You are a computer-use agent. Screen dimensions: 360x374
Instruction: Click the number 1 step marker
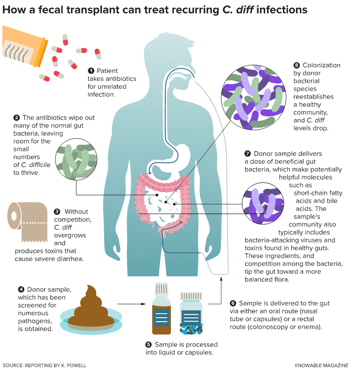click(x=91, y=71)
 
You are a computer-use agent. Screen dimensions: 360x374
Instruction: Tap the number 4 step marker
click(x=21, y=289)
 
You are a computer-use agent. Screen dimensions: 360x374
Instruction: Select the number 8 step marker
click(x=296, y=65)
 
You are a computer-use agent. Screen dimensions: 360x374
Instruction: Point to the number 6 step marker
click(x=233, y=303)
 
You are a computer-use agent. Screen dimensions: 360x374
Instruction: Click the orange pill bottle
click(x=24, y=46)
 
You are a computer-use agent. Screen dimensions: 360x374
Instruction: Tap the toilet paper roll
click(x=28, y=222)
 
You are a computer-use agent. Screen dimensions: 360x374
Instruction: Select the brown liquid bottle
click(x=162, y=309)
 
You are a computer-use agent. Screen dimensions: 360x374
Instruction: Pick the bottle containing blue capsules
click(x=191, y=313)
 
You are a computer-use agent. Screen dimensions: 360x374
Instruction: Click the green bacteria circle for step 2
click(x=76, y=159)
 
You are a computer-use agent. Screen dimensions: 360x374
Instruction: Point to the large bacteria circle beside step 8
click(x=254, y=98)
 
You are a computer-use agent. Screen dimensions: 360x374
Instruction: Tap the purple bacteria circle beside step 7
click(x=263, y=203)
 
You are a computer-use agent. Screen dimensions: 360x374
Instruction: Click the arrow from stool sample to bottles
click(x=132, y=304)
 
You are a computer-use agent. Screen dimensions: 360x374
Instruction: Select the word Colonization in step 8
click(x=321, y=65)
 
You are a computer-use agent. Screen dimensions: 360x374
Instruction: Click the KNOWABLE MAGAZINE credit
click(x=321, y=366)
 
